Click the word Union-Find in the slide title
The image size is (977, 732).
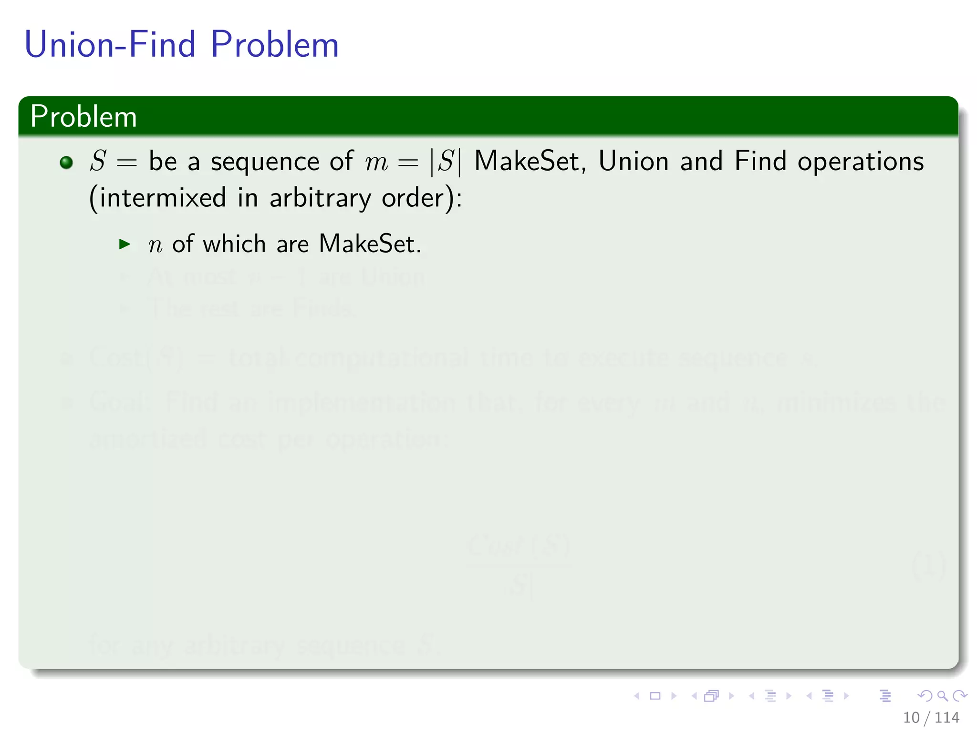(x=110, y=45)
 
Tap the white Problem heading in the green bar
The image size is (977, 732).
(x=83, y=117)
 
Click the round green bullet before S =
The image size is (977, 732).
(x=66, y=163)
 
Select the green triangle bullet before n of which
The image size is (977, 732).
(x=125, y=244)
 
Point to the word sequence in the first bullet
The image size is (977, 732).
(x=265, y=162)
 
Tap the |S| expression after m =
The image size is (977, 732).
(x=446, y=162)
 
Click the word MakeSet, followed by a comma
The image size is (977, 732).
(x=530, y=162)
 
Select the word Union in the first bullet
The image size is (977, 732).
(x=634, y=161)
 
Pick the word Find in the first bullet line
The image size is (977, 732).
(x=760, y=161)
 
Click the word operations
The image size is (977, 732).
(x=861, y=162)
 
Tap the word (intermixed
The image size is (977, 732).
(x=157, y=198)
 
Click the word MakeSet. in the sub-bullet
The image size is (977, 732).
(x=370, y=244)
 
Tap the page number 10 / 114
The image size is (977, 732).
(x=931, y=717)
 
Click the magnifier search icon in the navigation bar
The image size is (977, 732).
(x=942, y=696)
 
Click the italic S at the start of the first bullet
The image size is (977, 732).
(x=98, y=161)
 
